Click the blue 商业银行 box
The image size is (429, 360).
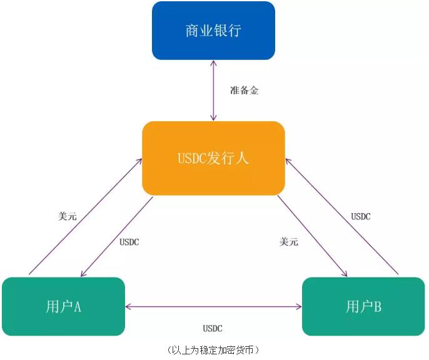(x=213, y=31)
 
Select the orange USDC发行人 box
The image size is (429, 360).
(x=213, y=157)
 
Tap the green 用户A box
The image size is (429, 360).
(x=64, y=306)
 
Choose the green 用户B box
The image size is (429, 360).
(x=363, y=306)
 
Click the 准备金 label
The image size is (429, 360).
(x=245, y=91)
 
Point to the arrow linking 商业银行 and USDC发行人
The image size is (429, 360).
(x=213, y=91)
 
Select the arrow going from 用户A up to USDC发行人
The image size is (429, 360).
(x=85, y=216)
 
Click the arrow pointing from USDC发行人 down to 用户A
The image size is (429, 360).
(x=117, y=237)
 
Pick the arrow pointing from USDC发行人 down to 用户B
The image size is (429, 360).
(x=312, y=236)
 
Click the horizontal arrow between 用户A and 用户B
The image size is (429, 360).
(x=213, y=306)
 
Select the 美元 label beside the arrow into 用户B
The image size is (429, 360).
(x=289, y=242)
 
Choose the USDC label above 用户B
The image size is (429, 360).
(x=360, y=217)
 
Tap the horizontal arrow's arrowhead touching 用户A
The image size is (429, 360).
(x=128, y=306)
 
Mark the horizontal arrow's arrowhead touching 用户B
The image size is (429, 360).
(x=298, y=306)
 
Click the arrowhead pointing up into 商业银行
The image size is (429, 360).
(x=213, y=64)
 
